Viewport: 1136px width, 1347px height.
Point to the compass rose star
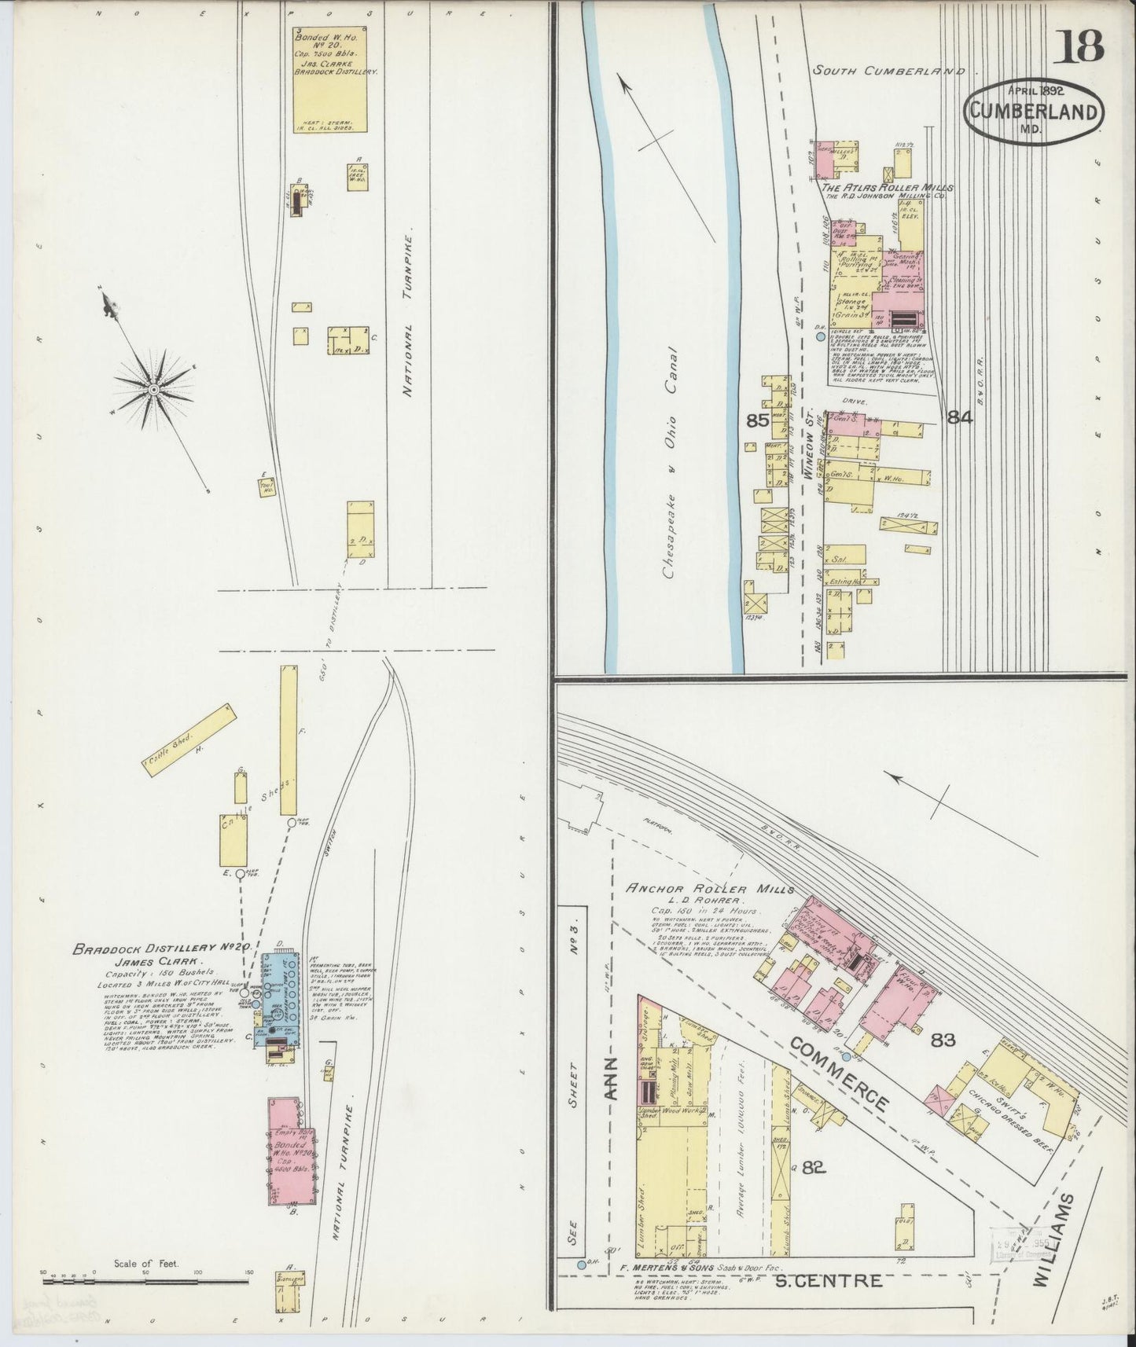[154, 389]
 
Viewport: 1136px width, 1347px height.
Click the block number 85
[757, 420]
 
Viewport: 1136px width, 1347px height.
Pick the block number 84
[959, 418]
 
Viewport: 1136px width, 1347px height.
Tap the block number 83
[943, 1041]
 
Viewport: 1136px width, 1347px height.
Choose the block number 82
[813, 1168]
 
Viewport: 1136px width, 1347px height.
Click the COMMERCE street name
[840, 1074]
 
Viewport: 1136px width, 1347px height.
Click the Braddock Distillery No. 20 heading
[161, 949]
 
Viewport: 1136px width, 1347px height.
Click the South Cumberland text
[888, 71]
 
